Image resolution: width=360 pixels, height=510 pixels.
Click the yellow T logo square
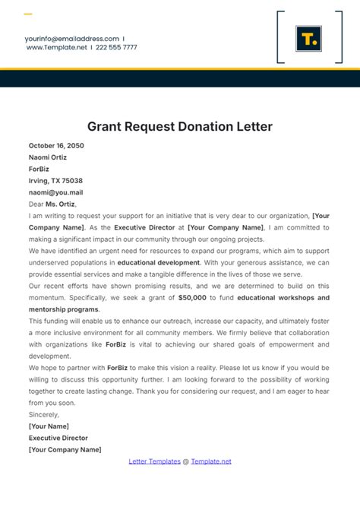pos(309,38)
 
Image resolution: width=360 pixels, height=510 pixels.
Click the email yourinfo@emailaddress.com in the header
pos(71,38)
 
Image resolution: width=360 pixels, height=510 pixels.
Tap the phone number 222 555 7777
pos(117,47)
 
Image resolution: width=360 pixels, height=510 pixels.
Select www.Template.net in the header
pos(57,47)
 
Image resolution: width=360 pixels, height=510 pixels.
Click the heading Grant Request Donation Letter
pos(180,126)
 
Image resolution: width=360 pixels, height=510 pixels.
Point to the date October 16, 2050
pos(56,145)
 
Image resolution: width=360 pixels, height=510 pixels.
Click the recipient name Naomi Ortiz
pos(48,157)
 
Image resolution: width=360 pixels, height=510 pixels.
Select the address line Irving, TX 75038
pos(55,181)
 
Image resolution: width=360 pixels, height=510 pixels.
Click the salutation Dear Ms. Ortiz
pos(53,204)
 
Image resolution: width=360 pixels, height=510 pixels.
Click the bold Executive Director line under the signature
pos(58,438)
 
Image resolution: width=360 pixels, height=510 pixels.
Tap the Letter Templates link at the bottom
pos(154,461)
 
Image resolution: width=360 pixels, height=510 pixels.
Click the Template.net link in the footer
pos(211,461)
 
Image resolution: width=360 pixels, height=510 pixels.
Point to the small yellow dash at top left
pos(28,14)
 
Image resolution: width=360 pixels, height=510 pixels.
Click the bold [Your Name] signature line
pos(49,426)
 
